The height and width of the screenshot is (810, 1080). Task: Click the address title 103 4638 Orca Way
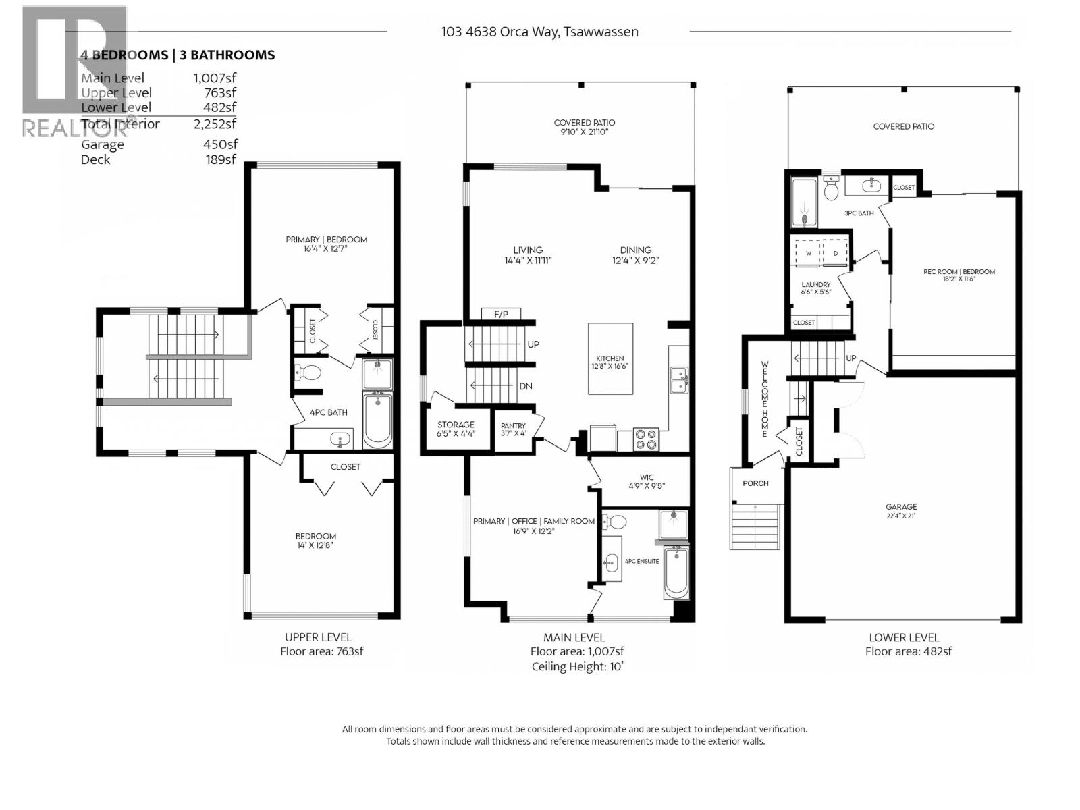click(539, 32)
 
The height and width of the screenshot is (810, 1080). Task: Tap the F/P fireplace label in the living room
click(501, 314)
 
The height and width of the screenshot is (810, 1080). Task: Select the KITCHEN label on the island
click(610, 358)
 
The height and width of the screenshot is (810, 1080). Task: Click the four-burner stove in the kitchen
click(646, 439)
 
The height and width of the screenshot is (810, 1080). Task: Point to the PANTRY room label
click(513, 429)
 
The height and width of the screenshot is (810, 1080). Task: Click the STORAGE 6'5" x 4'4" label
click(456, 429)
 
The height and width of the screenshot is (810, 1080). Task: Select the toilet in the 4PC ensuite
click(615, 521)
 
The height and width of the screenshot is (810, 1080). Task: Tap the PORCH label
click(755, 483)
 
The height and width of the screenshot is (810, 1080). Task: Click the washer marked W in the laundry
click(807, 254)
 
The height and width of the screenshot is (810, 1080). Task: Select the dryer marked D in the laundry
click(835, 254)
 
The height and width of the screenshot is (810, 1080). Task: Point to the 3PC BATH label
click(859, 213)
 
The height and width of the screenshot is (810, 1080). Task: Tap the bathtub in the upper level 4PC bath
click(377, 421)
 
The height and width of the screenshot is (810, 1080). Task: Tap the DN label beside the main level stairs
click(526, 386)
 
